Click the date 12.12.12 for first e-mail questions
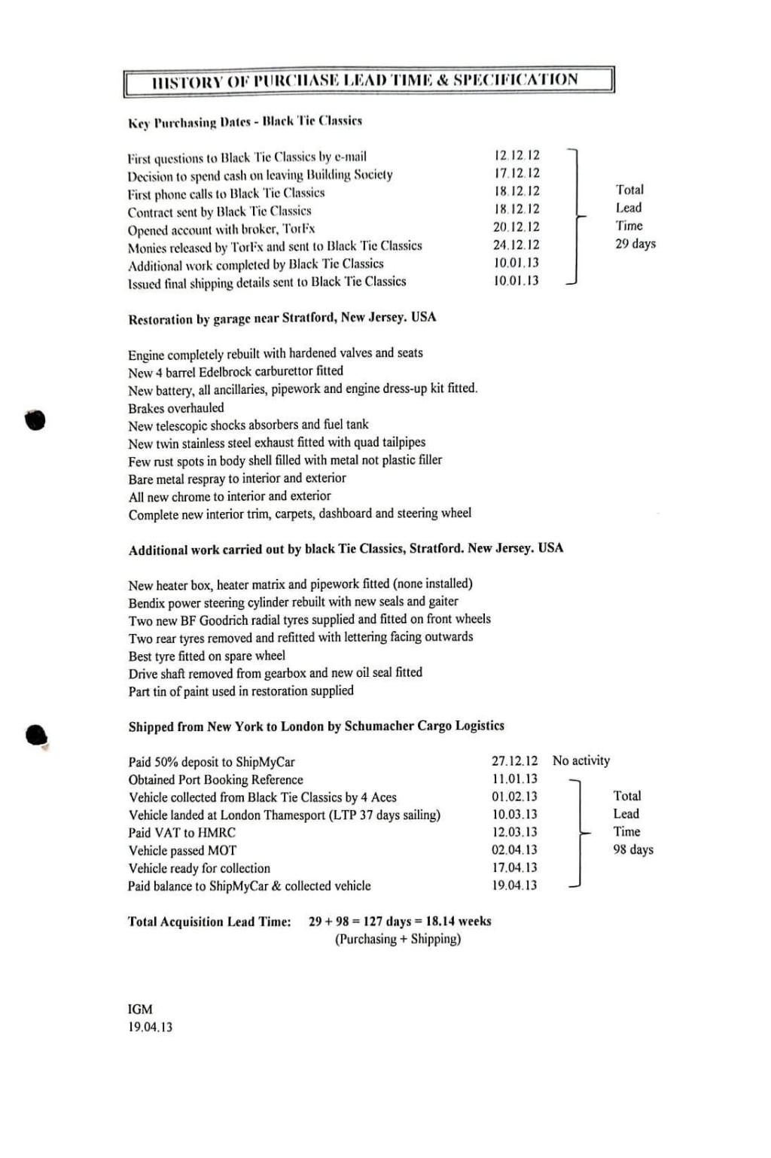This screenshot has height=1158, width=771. coord(517,155)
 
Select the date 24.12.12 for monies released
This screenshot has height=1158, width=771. coord(517,245)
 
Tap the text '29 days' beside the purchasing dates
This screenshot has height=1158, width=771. coord(635,243)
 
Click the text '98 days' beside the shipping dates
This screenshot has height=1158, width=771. coord(633,849)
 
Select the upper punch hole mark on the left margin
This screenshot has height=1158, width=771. coord(35,419)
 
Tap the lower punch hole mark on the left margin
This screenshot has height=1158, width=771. coord(36,735)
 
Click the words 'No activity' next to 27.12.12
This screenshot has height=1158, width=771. coord(581,760)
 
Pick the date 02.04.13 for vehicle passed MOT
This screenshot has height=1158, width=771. coord(515,849)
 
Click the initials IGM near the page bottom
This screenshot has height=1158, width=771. coord(140,1009)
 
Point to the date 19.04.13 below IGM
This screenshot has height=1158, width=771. coord(150,1027)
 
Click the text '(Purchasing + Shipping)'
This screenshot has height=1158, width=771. coord(398,939)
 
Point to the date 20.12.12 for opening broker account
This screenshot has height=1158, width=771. coord(517,227)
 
